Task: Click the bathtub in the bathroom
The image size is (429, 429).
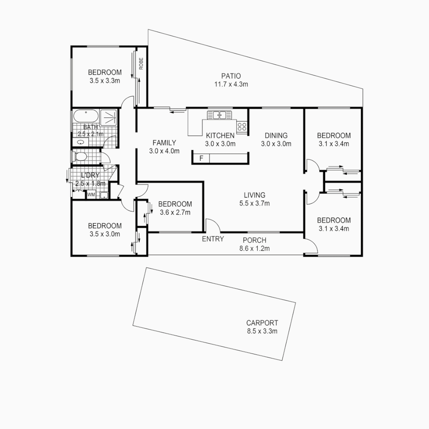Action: tap(85, 117)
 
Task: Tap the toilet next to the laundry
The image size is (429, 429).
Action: tap(81, 157)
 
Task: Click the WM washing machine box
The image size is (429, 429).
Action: tap(91, 195)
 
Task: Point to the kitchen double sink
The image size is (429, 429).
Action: tap(219, 115)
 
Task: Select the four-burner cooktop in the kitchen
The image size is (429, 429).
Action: tap(242, 127)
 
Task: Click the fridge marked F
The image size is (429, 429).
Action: tap(201, 158)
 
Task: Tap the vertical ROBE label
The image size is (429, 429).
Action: tap(141, 64)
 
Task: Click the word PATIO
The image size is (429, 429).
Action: tap(231, 76)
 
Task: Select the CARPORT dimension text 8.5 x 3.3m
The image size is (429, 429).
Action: tap(262, 331)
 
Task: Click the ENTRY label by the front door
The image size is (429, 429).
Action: tap(213, 239)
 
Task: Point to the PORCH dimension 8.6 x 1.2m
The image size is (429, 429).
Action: tap(254, 249)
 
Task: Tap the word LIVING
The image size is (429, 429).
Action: tap(255, 195)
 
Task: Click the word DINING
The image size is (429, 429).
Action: tap(276, 135)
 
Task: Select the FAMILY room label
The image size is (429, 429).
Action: tap(164, 143)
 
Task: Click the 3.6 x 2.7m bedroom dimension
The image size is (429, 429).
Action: tap(175, 212)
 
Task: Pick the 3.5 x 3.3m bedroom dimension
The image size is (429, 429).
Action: tap(105, 80)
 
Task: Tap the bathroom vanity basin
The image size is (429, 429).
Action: tap(81, 142)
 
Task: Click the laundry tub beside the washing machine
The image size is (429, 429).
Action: tap(103, 195)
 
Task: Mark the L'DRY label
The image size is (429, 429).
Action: tap(90, 175)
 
